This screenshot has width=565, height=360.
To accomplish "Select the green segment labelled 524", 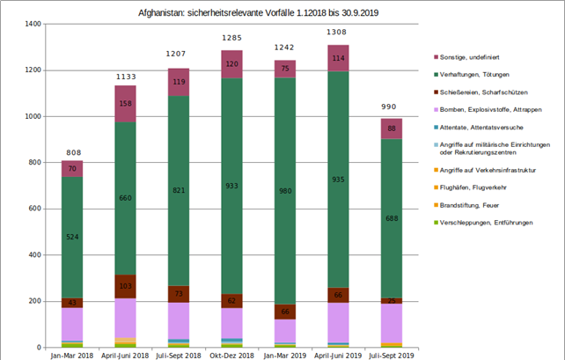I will tap(72, 237).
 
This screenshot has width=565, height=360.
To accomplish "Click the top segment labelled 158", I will tap(125, 104).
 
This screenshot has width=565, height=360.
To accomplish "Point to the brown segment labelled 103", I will tap(125, 287).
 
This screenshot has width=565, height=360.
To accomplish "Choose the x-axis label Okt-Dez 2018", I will tap(231, 355).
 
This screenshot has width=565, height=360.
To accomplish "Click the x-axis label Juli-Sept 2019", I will tap(391, 355).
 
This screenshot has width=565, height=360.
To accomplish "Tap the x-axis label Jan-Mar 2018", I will tap(72, 355).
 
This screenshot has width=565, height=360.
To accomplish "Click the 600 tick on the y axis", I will tap(34, 209).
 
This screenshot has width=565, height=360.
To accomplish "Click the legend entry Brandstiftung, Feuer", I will tap(476, 204).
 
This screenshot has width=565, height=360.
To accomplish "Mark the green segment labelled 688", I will tap(391, 243).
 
